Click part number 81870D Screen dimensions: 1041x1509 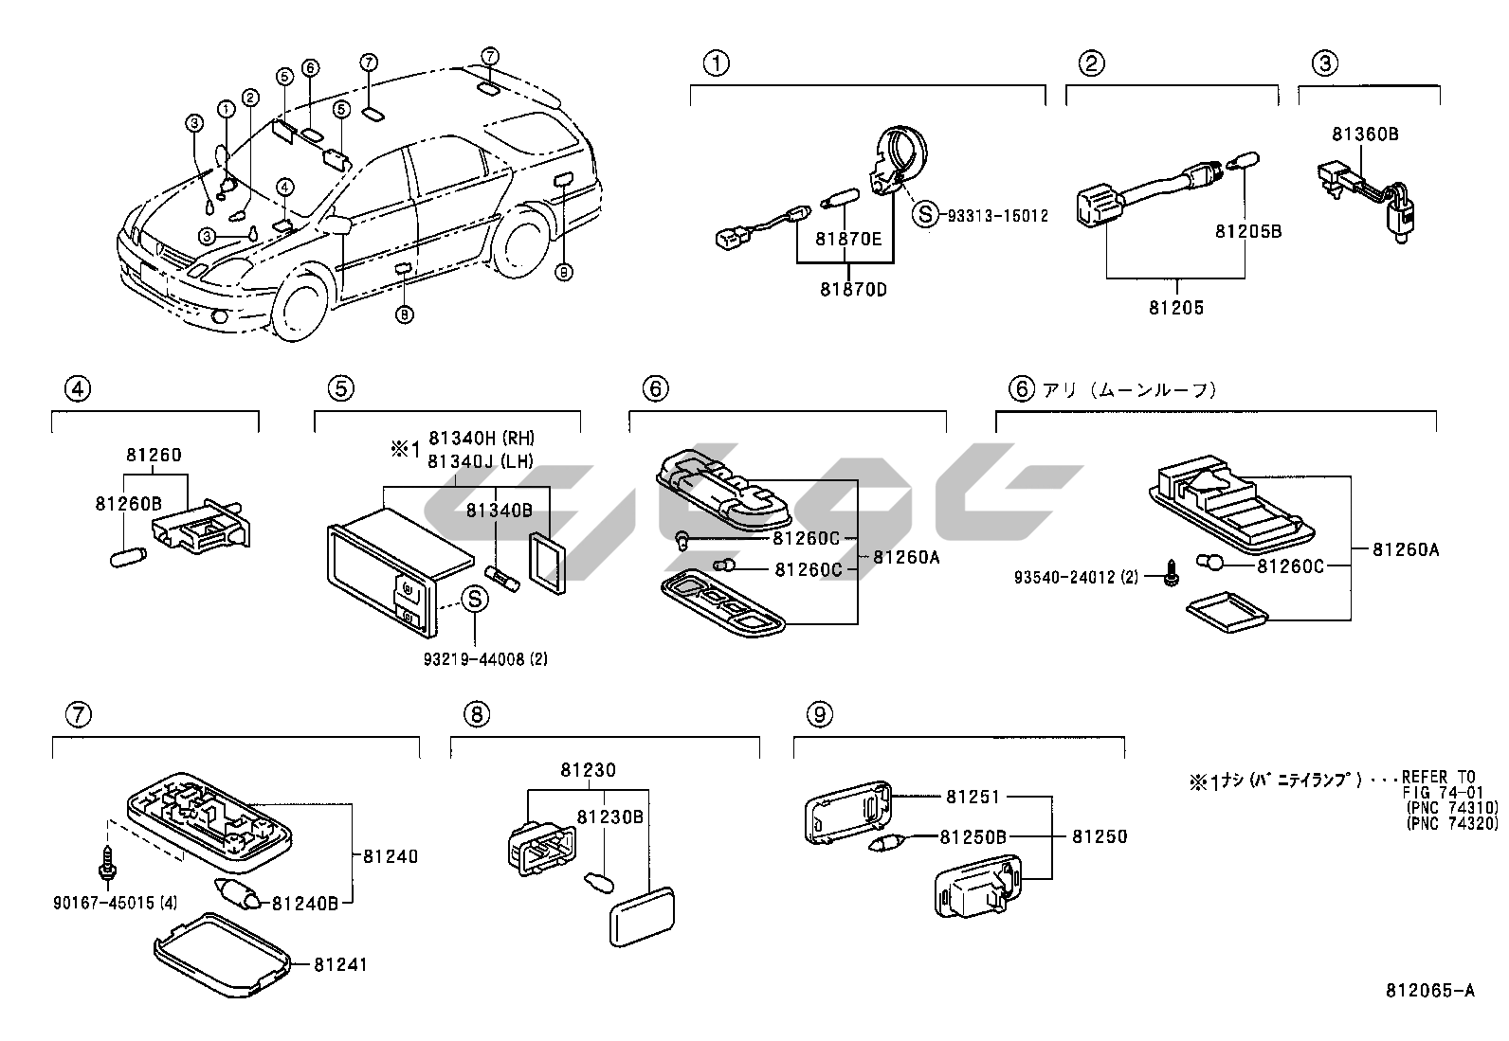(x=853, y=289)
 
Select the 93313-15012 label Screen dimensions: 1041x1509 (x=997, y=215)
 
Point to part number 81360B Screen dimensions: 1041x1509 (x=1364, y=135)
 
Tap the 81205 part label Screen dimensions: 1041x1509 (x=1176, y=307)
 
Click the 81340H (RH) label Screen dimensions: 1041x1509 (x=482, y=438)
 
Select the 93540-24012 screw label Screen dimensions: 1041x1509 (x=1075, y=576)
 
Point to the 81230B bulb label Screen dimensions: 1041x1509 (x=610, y=816)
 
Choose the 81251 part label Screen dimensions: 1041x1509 (x=972, y=797)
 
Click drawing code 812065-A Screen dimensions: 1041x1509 (x=1429, y=992)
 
